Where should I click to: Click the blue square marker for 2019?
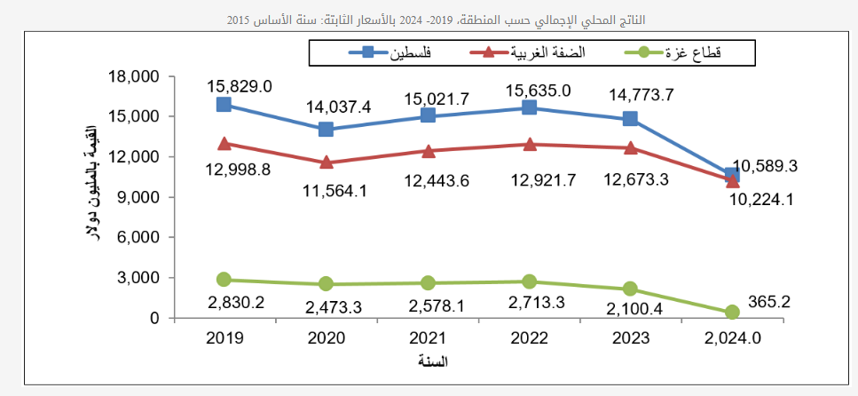pos(224,105)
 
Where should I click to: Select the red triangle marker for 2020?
pos(326,162)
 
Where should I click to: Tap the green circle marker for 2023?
pos(630,289)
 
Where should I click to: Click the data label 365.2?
pos(768,302)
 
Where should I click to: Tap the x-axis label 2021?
pos(428,337)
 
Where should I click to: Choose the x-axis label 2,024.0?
pos(731,337)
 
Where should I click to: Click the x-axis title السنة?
pos(432,361)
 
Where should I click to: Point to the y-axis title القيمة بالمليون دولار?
pos(91,196)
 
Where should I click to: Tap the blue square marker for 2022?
pos(529,107)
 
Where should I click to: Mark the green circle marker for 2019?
pos(224,280)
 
